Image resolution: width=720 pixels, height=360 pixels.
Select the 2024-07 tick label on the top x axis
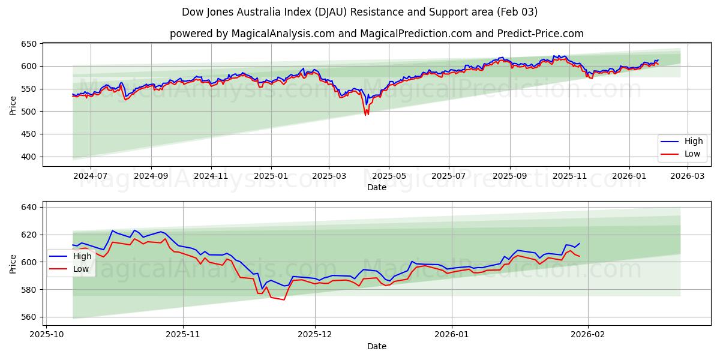(91, 176)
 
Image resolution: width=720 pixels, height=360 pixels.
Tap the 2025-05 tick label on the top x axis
(389, 176)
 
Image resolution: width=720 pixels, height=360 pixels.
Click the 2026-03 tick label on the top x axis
(688, 176)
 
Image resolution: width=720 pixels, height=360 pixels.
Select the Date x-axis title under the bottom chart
(376, 346)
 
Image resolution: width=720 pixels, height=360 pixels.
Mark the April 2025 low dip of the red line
(366, 115)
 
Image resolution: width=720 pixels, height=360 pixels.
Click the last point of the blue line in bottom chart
(579, 244)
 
